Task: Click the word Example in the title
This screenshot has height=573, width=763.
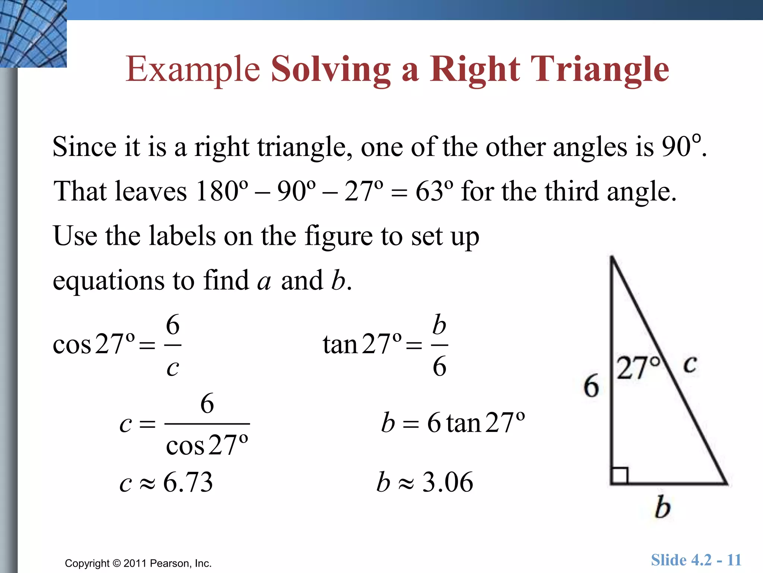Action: coord(193,70)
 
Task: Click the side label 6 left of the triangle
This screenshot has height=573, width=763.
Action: coord(591,386)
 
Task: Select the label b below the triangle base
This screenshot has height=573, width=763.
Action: coord(662,507)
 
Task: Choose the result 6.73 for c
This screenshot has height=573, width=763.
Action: coord(188,482)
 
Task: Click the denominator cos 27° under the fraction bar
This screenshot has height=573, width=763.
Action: coord(207,445)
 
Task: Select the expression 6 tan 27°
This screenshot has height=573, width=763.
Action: coord(476,423)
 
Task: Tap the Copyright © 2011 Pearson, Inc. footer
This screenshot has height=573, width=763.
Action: coord(138,563)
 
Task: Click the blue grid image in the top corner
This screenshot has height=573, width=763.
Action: coord(33,34)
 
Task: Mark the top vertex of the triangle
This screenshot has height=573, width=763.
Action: coord(612,257)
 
